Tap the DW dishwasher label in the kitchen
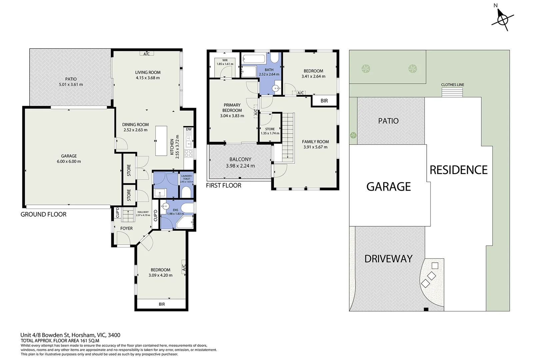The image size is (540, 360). [x=189, y=129]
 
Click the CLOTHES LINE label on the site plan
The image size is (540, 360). [x=452, y=85]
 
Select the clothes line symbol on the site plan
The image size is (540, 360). [x=452, y=92]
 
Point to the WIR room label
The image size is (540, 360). [x=225, y=60]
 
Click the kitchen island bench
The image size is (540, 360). [x=161, y=141]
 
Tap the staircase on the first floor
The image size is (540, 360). [x=288, y=138]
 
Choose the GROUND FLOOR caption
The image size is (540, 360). [x=43, y=214]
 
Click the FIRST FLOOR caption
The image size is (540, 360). [x=223, y=185]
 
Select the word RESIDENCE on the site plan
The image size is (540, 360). [x=459, y=170]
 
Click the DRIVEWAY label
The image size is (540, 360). [x=388, y=259]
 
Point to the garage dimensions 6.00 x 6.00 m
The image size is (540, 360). [x=69, y=161]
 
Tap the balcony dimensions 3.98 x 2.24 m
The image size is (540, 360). [x=240, y=166]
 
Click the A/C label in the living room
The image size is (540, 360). [x=147, y=54]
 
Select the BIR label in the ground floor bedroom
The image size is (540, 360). [x=162, y=304]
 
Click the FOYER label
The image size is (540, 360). [x=126, y=228]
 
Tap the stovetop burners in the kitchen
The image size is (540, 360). [x=189, y=154]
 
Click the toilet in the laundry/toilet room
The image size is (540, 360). [x=186, y=193]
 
